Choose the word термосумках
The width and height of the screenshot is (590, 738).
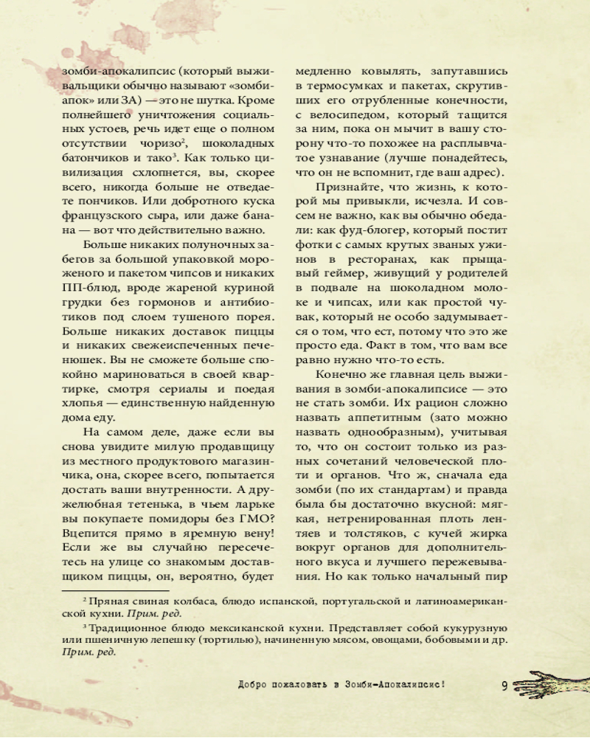pyautogui.click(x=342, y=88)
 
